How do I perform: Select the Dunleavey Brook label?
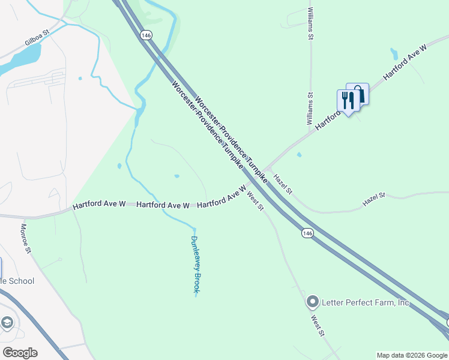point(195,264)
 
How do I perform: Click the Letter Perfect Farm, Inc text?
point(366,302)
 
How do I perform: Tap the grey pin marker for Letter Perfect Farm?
point(312,302)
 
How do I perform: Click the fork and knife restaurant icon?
point(347,99)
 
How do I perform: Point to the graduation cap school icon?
point(7,323)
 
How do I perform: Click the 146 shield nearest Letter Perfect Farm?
point(307,233)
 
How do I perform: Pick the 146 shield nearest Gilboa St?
point(145,35)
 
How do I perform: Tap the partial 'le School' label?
point(17,281)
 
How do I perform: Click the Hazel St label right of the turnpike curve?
point(373,200)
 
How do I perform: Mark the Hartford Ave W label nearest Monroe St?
point(99,205)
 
